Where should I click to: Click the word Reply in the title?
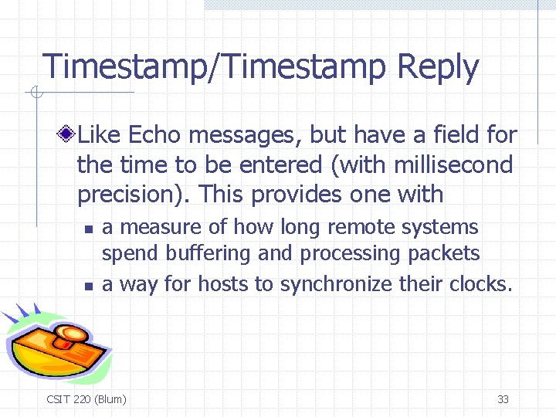coord(437,68)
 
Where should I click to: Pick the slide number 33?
coord(503,399)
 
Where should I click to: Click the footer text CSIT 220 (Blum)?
coord(86,399)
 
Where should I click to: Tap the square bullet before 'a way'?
coord(89,286)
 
